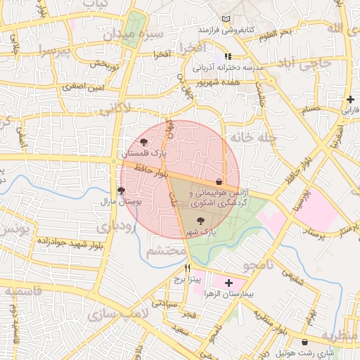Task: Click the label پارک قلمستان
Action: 144,153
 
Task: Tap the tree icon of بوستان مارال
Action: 121,191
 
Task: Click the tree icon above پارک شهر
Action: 202,221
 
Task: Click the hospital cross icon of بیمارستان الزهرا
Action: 228,282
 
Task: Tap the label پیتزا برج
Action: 188,279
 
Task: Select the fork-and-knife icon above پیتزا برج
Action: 187,269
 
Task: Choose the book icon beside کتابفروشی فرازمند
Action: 225,19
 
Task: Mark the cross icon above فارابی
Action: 349,99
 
